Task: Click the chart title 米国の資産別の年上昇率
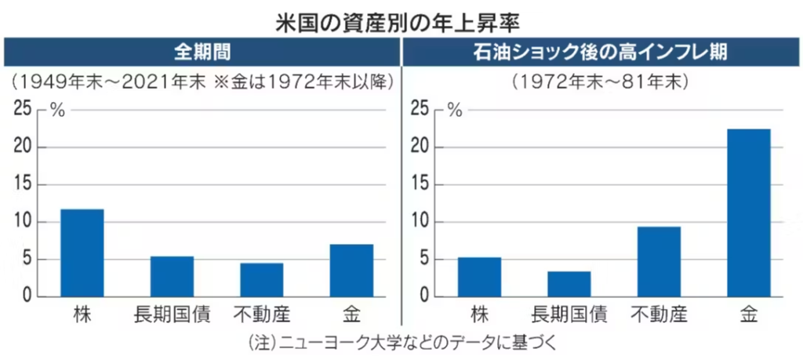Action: coord(401,18)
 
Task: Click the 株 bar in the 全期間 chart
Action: coord(82,253)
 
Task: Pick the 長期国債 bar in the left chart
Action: coord(172,276)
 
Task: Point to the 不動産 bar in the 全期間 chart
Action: coord(261,280)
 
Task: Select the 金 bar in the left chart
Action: coord(351,271)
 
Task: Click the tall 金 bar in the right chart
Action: coord(749,213)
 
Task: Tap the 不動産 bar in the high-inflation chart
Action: coord(659,261)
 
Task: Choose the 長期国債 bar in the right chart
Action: coord(569,284)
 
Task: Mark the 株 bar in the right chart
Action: coord(479,277)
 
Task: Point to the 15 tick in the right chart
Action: coord(421,184)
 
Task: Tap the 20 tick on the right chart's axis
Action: coord(421,147)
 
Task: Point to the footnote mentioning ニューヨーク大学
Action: coord(401,344)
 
